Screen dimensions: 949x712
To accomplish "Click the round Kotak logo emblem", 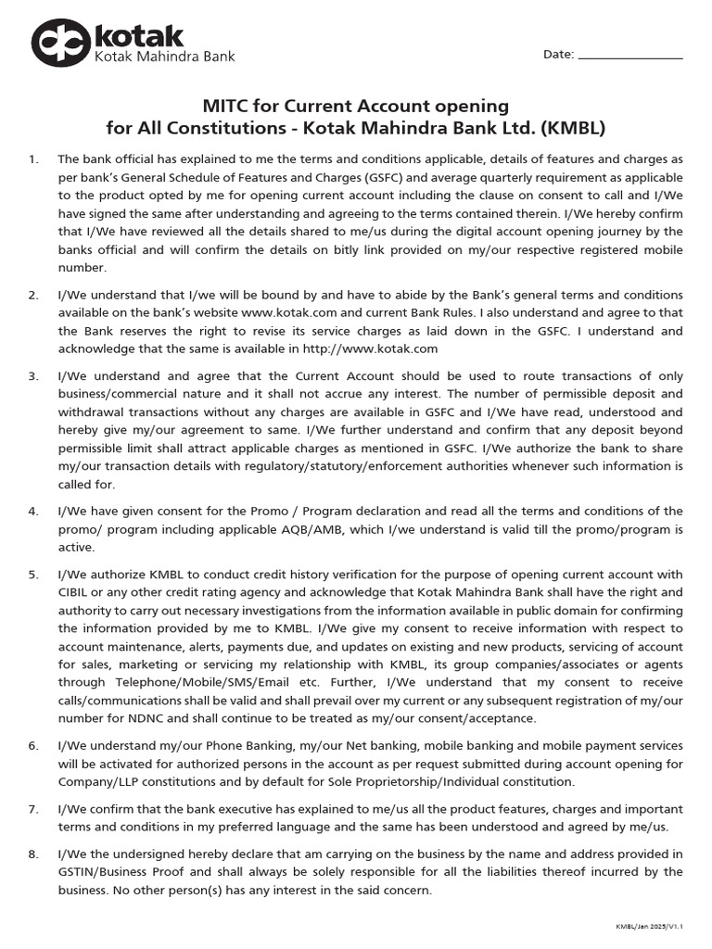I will (61, 44).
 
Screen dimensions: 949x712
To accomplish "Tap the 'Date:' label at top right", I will (558, 55).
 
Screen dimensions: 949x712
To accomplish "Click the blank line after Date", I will (630, 56).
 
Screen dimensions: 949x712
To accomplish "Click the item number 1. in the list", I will (33, 159).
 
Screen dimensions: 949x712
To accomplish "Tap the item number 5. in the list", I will (33, 575).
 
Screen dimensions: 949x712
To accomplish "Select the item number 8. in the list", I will (33, 854).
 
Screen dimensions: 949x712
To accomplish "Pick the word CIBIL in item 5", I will (78, 592).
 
